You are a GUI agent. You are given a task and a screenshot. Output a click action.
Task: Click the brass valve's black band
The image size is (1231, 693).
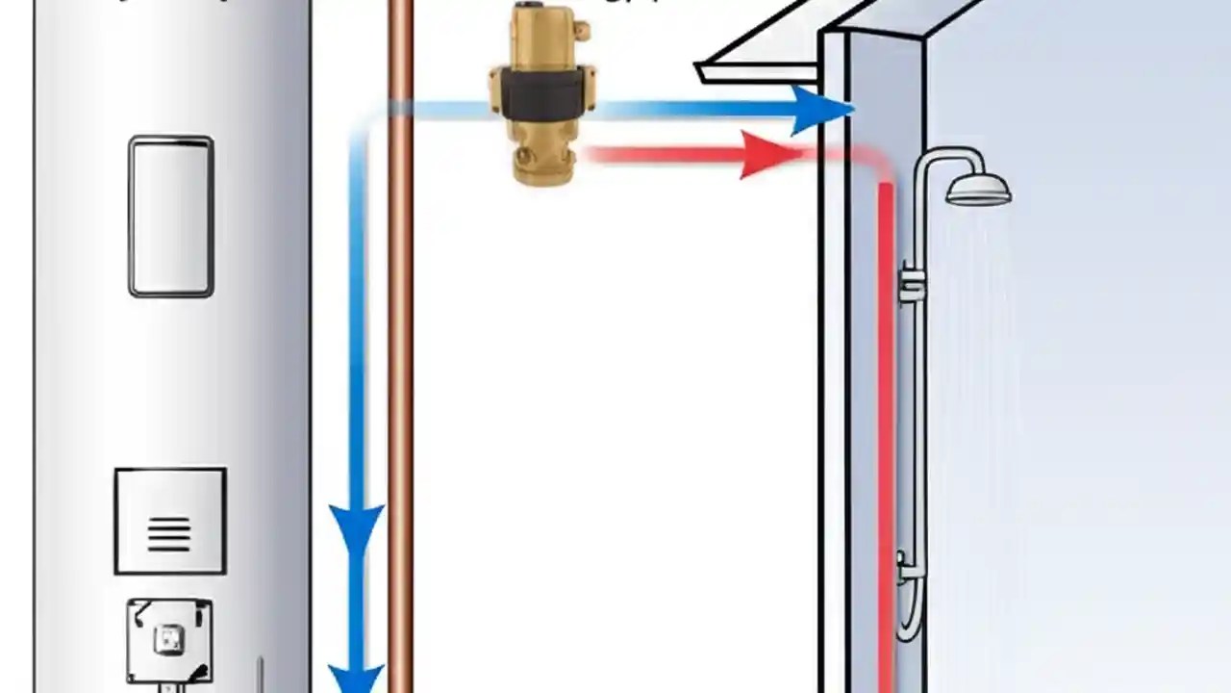coord(541,94)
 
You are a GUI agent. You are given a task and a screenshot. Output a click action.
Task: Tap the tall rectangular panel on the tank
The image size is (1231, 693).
coord(171,217)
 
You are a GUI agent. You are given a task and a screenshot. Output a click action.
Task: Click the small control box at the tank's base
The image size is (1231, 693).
coord(169,637)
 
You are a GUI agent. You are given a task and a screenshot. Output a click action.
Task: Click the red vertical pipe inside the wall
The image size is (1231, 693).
coord(886,433)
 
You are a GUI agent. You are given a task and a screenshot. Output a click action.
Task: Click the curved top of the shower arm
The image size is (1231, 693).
coord(938,157)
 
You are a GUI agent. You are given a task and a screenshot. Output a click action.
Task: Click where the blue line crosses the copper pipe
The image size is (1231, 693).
coord(401,110)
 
